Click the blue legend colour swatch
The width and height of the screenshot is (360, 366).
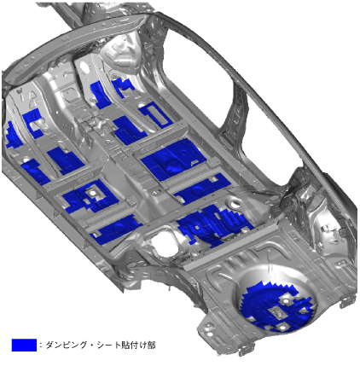click(24, 345)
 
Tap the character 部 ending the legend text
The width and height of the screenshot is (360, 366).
click(151, 345)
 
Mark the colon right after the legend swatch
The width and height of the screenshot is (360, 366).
click(41, 346)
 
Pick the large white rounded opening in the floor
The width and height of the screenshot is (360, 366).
click(163, 242)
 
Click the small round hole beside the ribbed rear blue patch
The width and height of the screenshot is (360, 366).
click(235, 203)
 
